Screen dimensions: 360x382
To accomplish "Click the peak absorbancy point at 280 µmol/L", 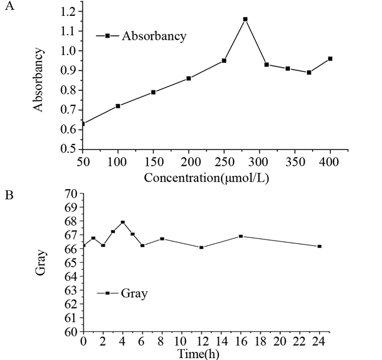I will click(245, 19).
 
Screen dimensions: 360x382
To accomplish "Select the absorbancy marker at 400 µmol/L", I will click(330, 58).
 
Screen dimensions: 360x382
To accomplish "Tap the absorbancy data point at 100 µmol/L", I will click(117, 106).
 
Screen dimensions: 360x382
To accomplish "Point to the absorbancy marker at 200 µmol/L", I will click(189, 79).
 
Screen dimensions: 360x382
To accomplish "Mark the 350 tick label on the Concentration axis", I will click(295, 162).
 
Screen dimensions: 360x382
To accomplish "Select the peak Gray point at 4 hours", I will click(123, 222).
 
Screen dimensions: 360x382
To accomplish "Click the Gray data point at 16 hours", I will click(241, 236).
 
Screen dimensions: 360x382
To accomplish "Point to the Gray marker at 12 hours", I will click(201, 247).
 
